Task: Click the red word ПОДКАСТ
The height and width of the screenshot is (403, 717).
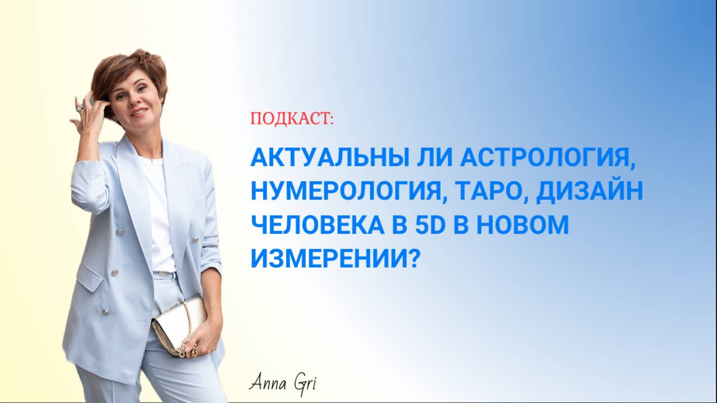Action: (x=292, y=119)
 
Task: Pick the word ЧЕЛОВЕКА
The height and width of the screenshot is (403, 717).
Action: (x=317, y=224)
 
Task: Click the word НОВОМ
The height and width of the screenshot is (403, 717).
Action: (x=523, y=224)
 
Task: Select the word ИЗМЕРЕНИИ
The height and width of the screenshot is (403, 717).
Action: (x=330, y=258)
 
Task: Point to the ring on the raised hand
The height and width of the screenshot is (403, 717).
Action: (x=80, y=109)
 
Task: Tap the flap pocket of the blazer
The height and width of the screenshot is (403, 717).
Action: (x=92, y=277)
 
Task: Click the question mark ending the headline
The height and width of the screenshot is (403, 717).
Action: (x=414, y=258)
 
